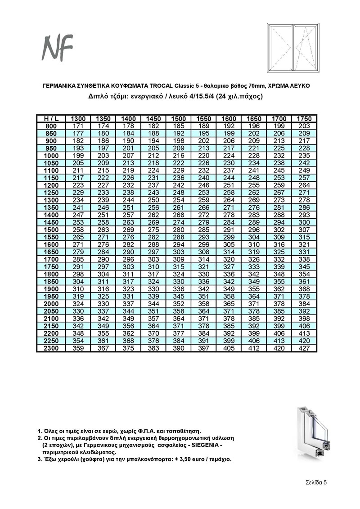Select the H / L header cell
[x=51, y=118]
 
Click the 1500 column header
[x=179, y=118]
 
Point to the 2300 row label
[x=51, y=348]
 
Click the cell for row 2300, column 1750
[x=304, y=348]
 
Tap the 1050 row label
[x=51, y=162]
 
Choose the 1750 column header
[x=304, y=118]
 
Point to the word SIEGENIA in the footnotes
[x=203, y=445]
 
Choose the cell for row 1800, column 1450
[x=153, y=274]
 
